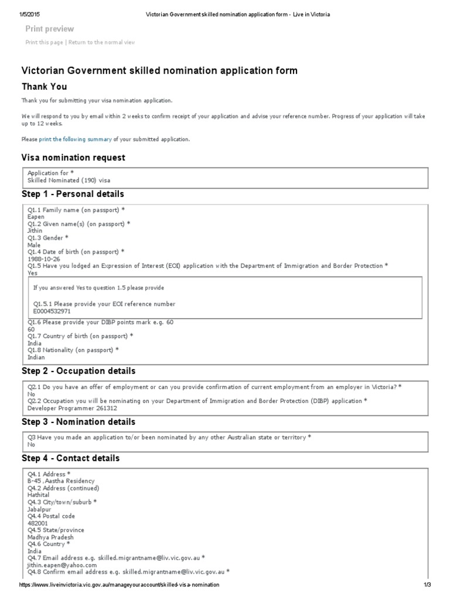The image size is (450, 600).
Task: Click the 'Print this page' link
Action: coord(45,42)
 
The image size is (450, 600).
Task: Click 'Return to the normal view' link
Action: coord(102,42)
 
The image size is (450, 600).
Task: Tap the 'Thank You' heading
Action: coord(45,87)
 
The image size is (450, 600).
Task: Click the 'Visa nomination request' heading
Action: coord(73,158)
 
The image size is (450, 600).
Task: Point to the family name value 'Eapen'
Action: coord(36,217)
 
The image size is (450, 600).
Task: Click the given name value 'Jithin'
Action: coord(35,231)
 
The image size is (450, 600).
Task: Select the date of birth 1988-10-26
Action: coord(43,259)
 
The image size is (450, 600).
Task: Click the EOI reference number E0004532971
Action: coord(52,311)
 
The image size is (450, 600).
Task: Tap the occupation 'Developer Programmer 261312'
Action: coord(68,408)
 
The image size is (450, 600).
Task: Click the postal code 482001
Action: coord(37,523)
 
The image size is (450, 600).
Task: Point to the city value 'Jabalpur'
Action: coord(39,509)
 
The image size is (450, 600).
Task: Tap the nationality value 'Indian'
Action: coord(36,357)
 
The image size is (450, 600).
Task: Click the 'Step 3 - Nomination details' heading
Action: coord(79,422)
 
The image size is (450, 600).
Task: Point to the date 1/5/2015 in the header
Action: coord(30,14)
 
